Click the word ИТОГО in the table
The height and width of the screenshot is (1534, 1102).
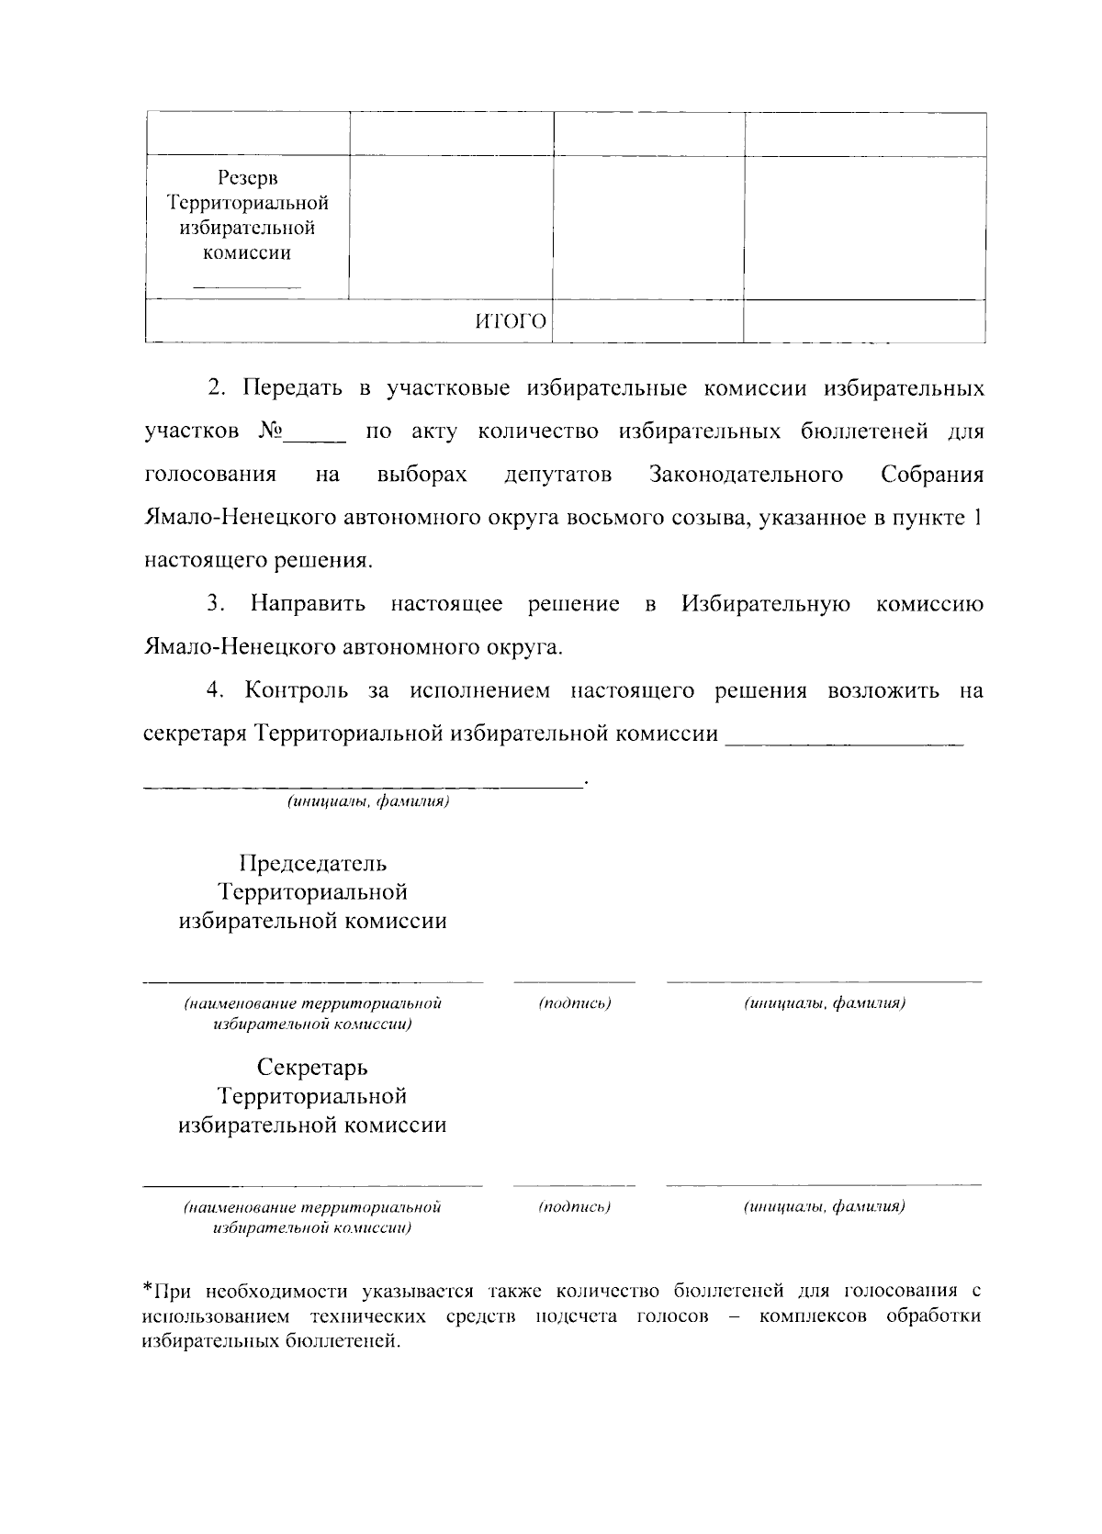[x=511, y=321]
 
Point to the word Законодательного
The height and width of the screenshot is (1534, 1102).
[x=746, y=475]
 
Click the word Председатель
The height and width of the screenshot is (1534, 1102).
[x=312, y=864]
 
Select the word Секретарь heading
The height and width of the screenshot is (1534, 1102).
[x=312, y=1068]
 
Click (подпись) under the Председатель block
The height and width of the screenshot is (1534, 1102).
[x=575, y=1002]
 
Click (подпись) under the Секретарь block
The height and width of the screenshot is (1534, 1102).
[x=575, y=1206]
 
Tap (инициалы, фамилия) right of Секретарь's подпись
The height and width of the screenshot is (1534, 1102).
[x=824, y=1206]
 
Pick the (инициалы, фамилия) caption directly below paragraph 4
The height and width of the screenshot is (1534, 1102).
[x=367, y=802]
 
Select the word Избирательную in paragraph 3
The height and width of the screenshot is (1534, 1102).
[x=765, y=604]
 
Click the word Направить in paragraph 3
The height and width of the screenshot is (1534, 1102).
[x=309, y=604]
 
